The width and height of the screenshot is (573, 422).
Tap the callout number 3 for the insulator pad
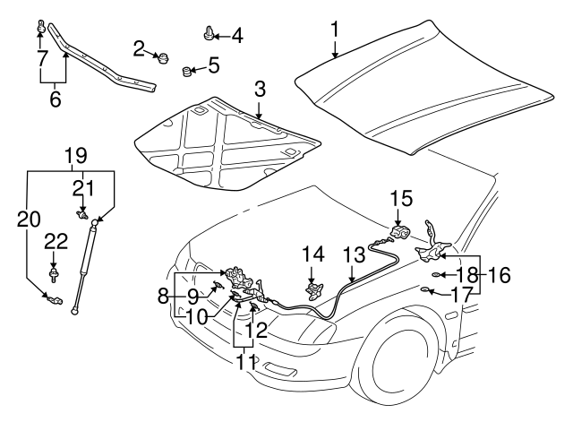tap(259, 89)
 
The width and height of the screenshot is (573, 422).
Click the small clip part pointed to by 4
tap(208, 36)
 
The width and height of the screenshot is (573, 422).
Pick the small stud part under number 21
tap(82, 215)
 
